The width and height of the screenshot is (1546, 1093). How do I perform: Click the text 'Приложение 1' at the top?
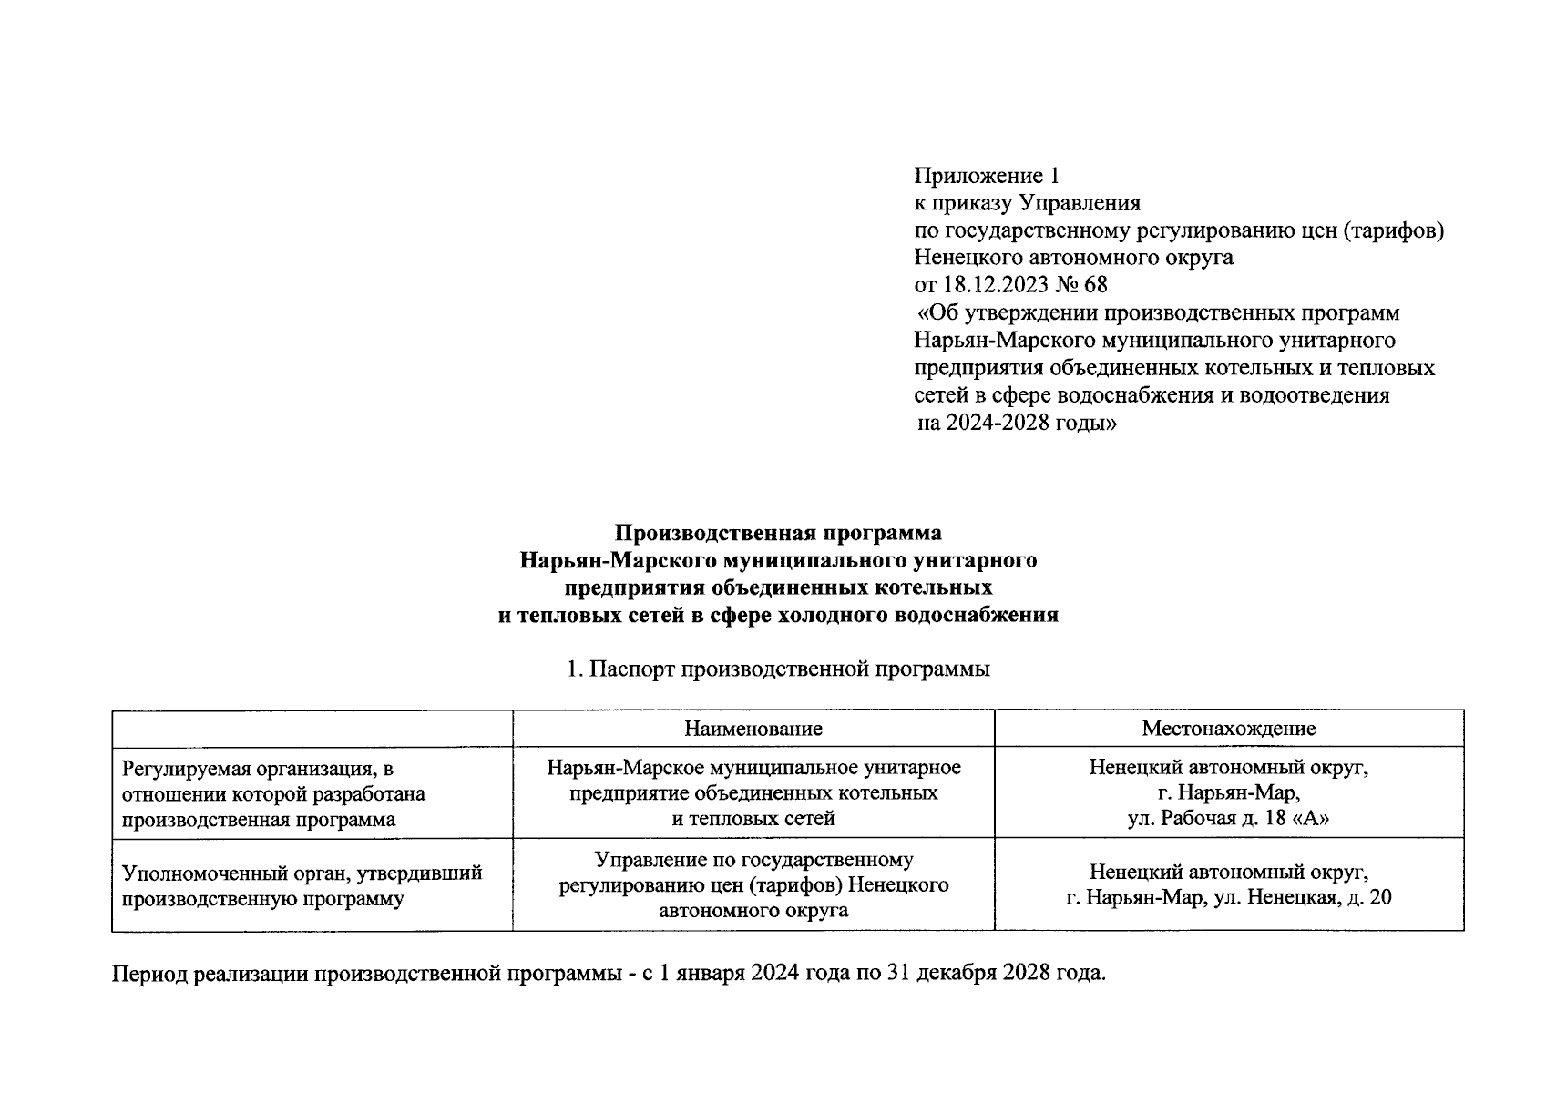[x=987, y=175]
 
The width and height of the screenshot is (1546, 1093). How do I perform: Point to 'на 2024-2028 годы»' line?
[x=1017, y=424]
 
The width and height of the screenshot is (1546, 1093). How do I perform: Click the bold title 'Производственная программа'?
[x=777, y=532]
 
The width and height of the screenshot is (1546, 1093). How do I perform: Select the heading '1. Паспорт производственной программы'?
[x=777, y=669]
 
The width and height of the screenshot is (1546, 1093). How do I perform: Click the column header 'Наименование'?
[x=753, y=729]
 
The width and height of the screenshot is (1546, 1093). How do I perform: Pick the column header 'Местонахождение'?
[x=1228, y=729]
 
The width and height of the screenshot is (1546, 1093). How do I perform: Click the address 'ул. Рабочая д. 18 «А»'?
[x=1228, y=818]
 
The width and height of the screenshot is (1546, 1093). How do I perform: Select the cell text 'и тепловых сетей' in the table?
[x=753, y=818]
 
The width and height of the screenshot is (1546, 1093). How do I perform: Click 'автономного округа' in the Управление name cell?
[x=753, y=910]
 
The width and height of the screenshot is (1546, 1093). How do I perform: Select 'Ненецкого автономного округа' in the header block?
[x=1073, y=258]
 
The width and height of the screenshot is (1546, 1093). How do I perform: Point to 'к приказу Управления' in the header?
[x=1027, y=202]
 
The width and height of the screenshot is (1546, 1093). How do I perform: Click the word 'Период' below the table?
[x=147, y=974]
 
